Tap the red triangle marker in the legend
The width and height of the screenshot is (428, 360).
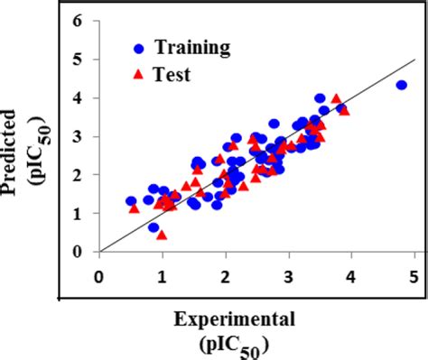[x=136, y=75]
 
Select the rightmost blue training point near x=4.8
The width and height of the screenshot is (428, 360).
[x=402, y=85]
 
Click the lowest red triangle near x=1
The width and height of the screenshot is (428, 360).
[x=162, y=235]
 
